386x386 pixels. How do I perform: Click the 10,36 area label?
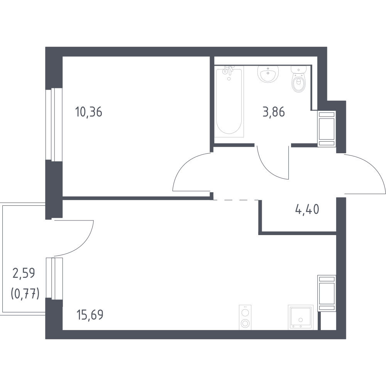89,112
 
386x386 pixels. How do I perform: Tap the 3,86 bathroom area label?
274,112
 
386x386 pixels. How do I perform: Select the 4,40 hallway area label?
307,210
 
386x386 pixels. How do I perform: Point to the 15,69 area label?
90,315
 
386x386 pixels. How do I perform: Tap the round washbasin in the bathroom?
268,74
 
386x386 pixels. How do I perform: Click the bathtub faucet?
229,71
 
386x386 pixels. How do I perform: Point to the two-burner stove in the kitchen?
245,317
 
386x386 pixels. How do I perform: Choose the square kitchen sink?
301,317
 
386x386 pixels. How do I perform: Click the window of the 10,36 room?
54,125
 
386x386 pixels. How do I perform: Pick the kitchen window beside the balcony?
54,278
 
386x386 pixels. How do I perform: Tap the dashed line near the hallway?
235,200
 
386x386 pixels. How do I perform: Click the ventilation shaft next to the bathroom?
327,129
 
